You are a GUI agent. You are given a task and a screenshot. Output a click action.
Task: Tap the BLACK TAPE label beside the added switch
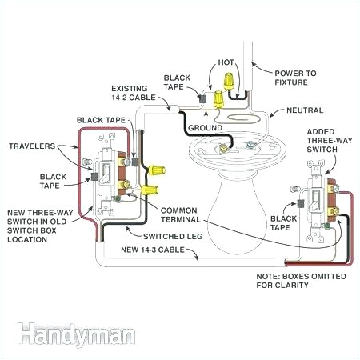pos(285,222)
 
